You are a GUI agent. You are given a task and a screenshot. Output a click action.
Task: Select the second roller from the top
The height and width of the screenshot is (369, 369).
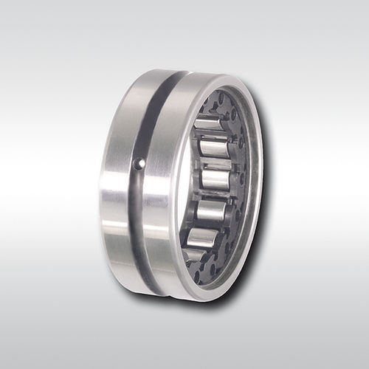click(x=215, y=148)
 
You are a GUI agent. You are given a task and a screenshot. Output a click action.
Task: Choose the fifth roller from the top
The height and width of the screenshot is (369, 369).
click(x=202, y=240)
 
